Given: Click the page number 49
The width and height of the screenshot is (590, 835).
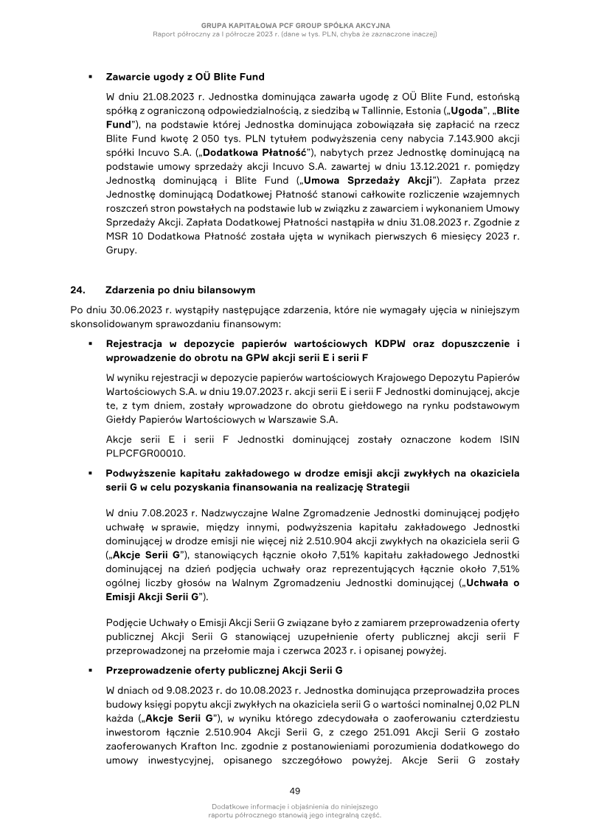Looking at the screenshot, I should tap(295, 791).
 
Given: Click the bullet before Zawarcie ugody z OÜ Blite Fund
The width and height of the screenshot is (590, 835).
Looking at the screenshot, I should tap(88, 77).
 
